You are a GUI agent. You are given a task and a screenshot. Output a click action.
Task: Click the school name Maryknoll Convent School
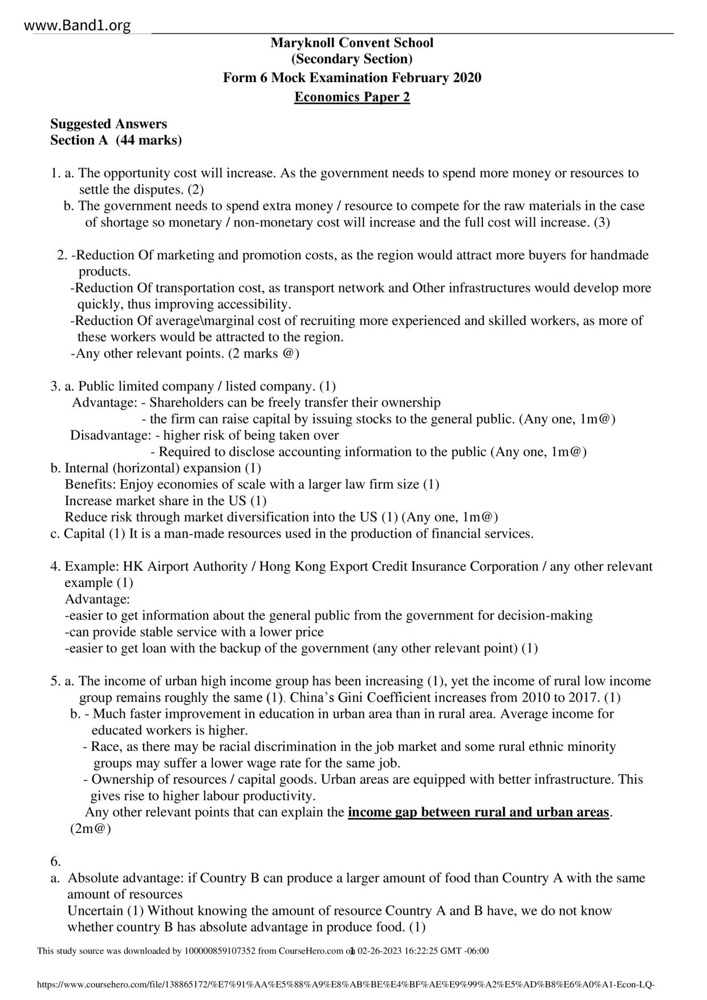coord(352,43)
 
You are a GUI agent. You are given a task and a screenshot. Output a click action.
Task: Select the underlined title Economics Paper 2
coord(352,97)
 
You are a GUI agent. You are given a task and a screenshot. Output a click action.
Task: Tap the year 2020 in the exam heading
coord(467,78)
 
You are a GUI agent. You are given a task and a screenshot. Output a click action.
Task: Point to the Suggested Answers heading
coord(108,124)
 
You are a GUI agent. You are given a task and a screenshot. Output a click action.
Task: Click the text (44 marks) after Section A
coord(149,140)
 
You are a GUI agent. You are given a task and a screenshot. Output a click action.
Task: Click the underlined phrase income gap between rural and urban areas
coord(478,812)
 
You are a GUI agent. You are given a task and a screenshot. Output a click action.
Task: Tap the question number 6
coord(55,861)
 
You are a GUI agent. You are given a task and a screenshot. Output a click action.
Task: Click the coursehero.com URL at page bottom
coord(345,985)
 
